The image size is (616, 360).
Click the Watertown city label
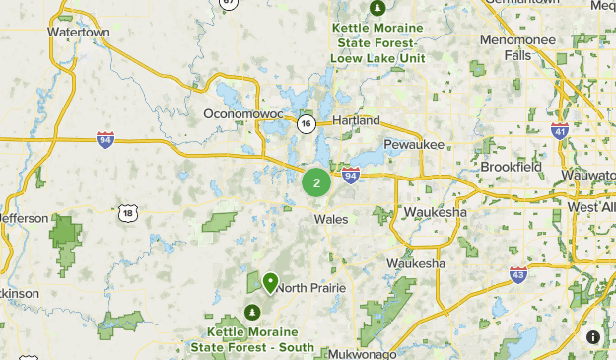point(78,32)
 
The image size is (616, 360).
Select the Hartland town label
point(356,120)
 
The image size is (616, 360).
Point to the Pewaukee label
point(414,144)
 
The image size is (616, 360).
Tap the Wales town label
point(331,219)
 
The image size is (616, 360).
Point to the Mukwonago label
point(363,353)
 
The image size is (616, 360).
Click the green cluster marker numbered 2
point(316,182)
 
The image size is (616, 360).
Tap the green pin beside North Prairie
point(270,283)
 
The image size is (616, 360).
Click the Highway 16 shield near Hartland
point(307,123)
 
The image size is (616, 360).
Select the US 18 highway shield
point(126,212)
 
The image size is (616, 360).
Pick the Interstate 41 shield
point(560,130)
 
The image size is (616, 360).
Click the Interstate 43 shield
point(518,273)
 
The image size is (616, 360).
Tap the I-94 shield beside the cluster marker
point(351,176)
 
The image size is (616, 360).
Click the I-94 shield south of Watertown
point(105,139)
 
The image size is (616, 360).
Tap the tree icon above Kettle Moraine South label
point(252,313)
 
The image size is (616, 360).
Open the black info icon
point(593,337)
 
